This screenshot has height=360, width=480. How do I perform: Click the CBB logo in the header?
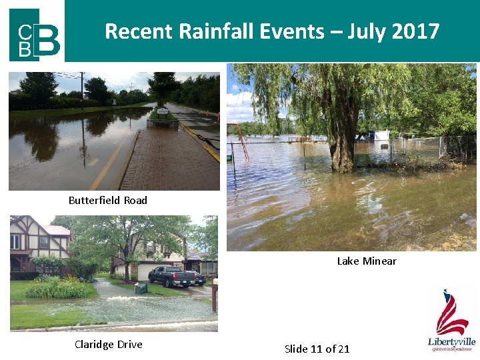click(x=35, y=34)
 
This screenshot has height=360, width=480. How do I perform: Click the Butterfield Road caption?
click(x=108, y=200)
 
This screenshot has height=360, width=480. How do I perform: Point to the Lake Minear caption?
click(x=367, y=261)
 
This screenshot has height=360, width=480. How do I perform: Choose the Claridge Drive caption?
click(x=109, y=344)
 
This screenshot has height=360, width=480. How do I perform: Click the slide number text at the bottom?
click(x=317, y=349)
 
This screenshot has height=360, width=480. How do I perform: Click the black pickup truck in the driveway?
click(x=175, y=275)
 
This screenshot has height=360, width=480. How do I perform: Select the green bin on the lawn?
click(x=141, y=288)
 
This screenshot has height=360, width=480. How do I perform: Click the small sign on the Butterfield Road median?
click(x=163, y=111)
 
